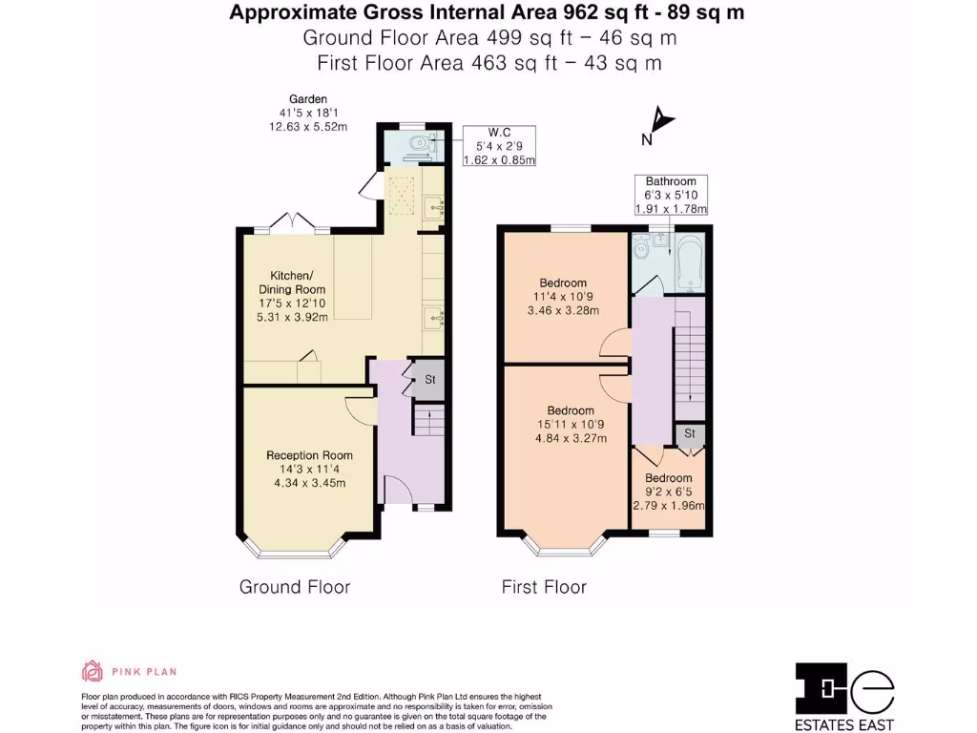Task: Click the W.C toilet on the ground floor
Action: (x=420, y=143)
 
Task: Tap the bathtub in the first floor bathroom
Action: (x=690, y=262)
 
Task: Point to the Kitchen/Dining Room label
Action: (x=292, y=296)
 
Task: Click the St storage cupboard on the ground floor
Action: (x=428, y=379)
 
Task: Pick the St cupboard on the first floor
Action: (x=690, y=434)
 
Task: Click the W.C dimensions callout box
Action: (x=499, y=146)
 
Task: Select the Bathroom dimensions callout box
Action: (x=671, y=195)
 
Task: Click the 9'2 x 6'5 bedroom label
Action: (x=669, y=492)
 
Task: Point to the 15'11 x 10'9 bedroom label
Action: (x=571, y=425)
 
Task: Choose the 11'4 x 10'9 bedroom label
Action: (x=563, y=297)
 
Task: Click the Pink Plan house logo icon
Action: (x=93, y=671)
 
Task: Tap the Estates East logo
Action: (x=844, y=696)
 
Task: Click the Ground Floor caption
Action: (x=295, y=587)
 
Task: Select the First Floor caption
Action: (x=544, y=587)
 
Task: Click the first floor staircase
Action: (x=690, y=359)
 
